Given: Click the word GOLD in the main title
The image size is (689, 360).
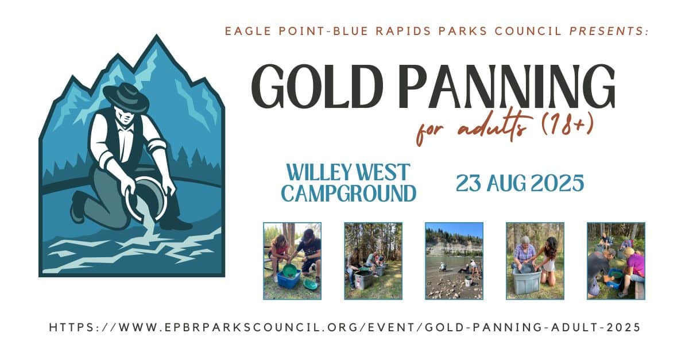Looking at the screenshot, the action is [317, 86].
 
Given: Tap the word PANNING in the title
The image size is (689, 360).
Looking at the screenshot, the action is [508, 86].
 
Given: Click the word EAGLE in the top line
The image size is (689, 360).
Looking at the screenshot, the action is [248, 31].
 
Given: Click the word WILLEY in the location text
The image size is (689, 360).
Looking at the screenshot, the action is [319, 172].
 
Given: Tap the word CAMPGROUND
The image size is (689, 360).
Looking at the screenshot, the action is [349, 193].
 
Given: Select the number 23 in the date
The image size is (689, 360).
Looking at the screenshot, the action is [468, 183].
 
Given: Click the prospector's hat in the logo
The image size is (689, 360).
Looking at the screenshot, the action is [126, 97].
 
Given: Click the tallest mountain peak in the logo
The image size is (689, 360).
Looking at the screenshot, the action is [157, 37].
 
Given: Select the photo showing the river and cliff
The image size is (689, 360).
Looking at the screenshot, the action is [454, 261].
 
